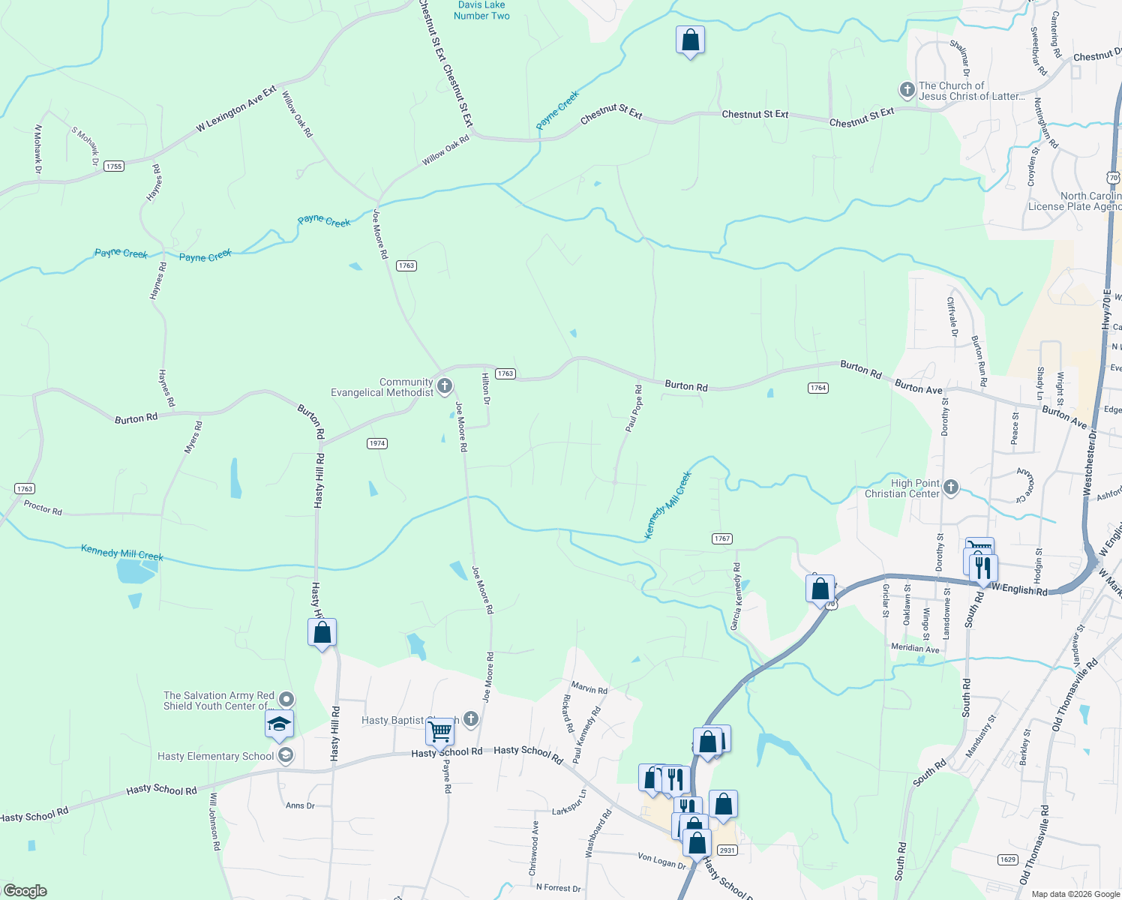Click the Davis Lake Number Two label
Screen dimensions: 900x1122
pos(481,10)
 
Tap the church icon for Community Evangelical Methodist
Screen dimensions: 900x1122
pos(445,386)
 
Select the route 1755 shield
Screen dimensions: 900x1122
pos(114,166)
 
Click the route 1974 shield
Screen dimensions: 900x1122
pos(377,443)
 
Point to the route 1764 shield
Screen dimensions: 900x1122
pos(817,388)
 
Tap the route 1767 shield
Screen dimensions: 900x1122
pos(722,538)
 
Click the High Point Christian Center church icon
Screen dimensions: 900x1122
pos(951,488)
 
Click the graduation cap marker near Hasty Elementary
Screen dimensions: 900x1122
pos(279,724)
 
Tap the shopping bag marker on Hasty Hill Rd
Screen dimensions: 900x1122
pos(322,633)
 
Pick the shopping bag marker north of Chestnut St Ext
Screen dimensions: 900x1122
pos(690,40)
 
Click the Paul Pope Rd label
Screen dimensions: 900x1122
pos(634,409)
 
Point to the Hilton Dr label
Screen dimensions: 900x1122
pos(486,388)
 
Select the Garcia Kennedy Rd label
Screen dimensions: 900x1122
pos(736,597)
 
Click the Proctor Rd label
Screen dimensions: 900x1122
pos(43,508)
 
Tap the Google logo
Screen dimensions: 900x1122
pos(25,891)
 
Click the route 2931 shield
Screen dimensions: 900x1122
pos(727,850)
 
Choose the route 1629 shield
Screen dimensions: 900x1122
pos(1008,859)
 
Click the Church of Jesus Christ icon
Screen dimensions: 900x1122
pos(907,91)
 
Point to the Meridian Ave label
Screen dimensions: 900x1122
pos(915,648)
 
